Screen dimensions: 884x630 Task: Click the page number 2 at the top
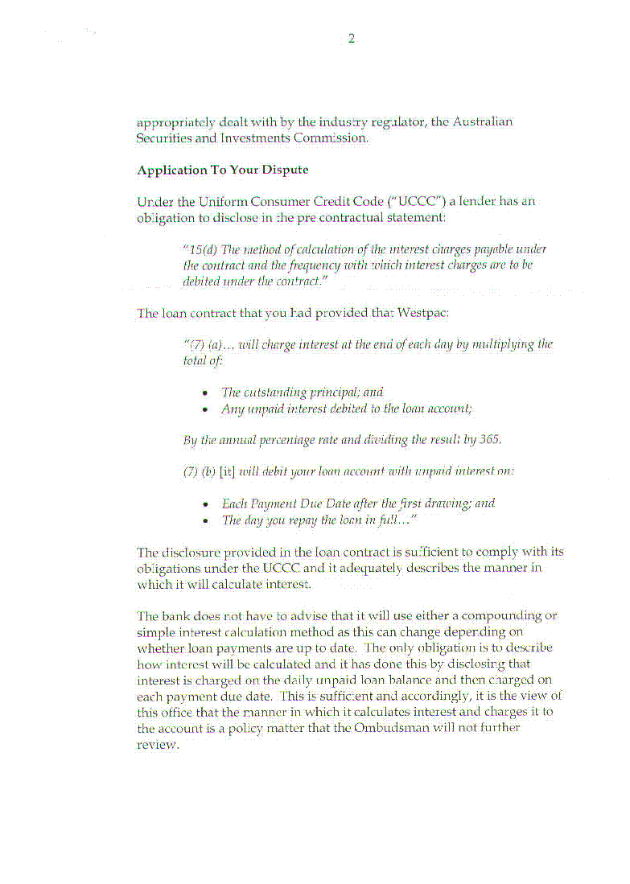(351, 39)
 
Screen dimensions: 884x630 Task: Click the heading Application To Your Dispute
(223, 171)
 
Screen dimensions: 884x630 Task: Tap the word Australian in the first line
(482, 122)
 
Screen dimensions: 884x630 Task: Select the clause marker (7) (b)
(200, 471)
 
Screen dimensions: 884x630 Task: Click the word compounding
(509, 616)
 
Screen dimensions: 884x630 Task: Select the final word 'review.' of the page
(158, 744)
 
